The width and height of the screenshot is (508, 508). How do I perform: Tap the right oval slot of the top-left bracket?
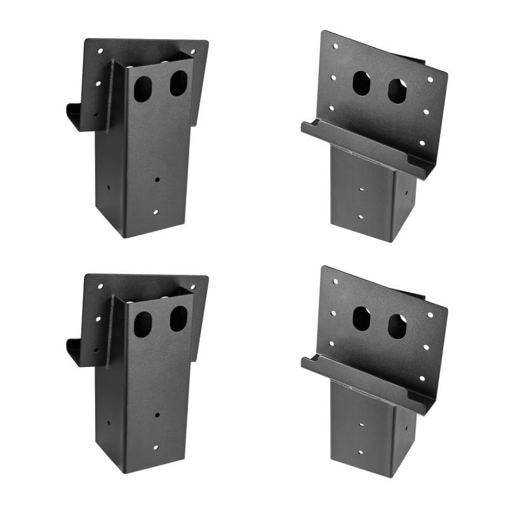[x=178, y=83]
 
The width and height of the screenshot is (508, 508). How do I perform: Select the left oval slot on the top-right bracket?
[x=361, y=83]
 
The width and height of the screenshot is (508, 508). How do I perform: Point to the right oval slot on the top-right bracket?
[x=398, y=91]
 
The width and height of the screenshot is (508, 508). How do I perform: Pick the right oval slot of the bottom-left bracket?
[x=178, y=319]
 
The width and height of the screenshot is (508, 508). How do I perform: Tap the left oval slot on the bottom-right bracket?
[x=361, y=319]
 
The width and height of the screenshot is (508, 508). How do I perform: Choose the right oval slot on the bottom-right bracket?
[x=398, y=327]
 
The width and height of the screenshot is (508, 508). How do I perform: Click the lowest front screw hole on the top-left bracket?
[x=154, y=212]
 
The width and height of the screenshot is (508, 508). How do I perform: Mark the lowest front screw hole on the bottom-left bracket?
[x=154, y=448]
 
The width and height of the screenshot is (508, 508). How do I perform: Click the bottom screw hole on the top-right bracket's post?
[x=360, y=217]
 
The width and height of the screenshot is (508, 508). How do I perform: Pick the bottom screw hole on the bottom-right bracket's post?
[x=360, y=452]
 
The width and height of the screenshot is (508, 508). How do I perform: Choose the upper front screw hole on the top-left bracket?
[x=157, y=179]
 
